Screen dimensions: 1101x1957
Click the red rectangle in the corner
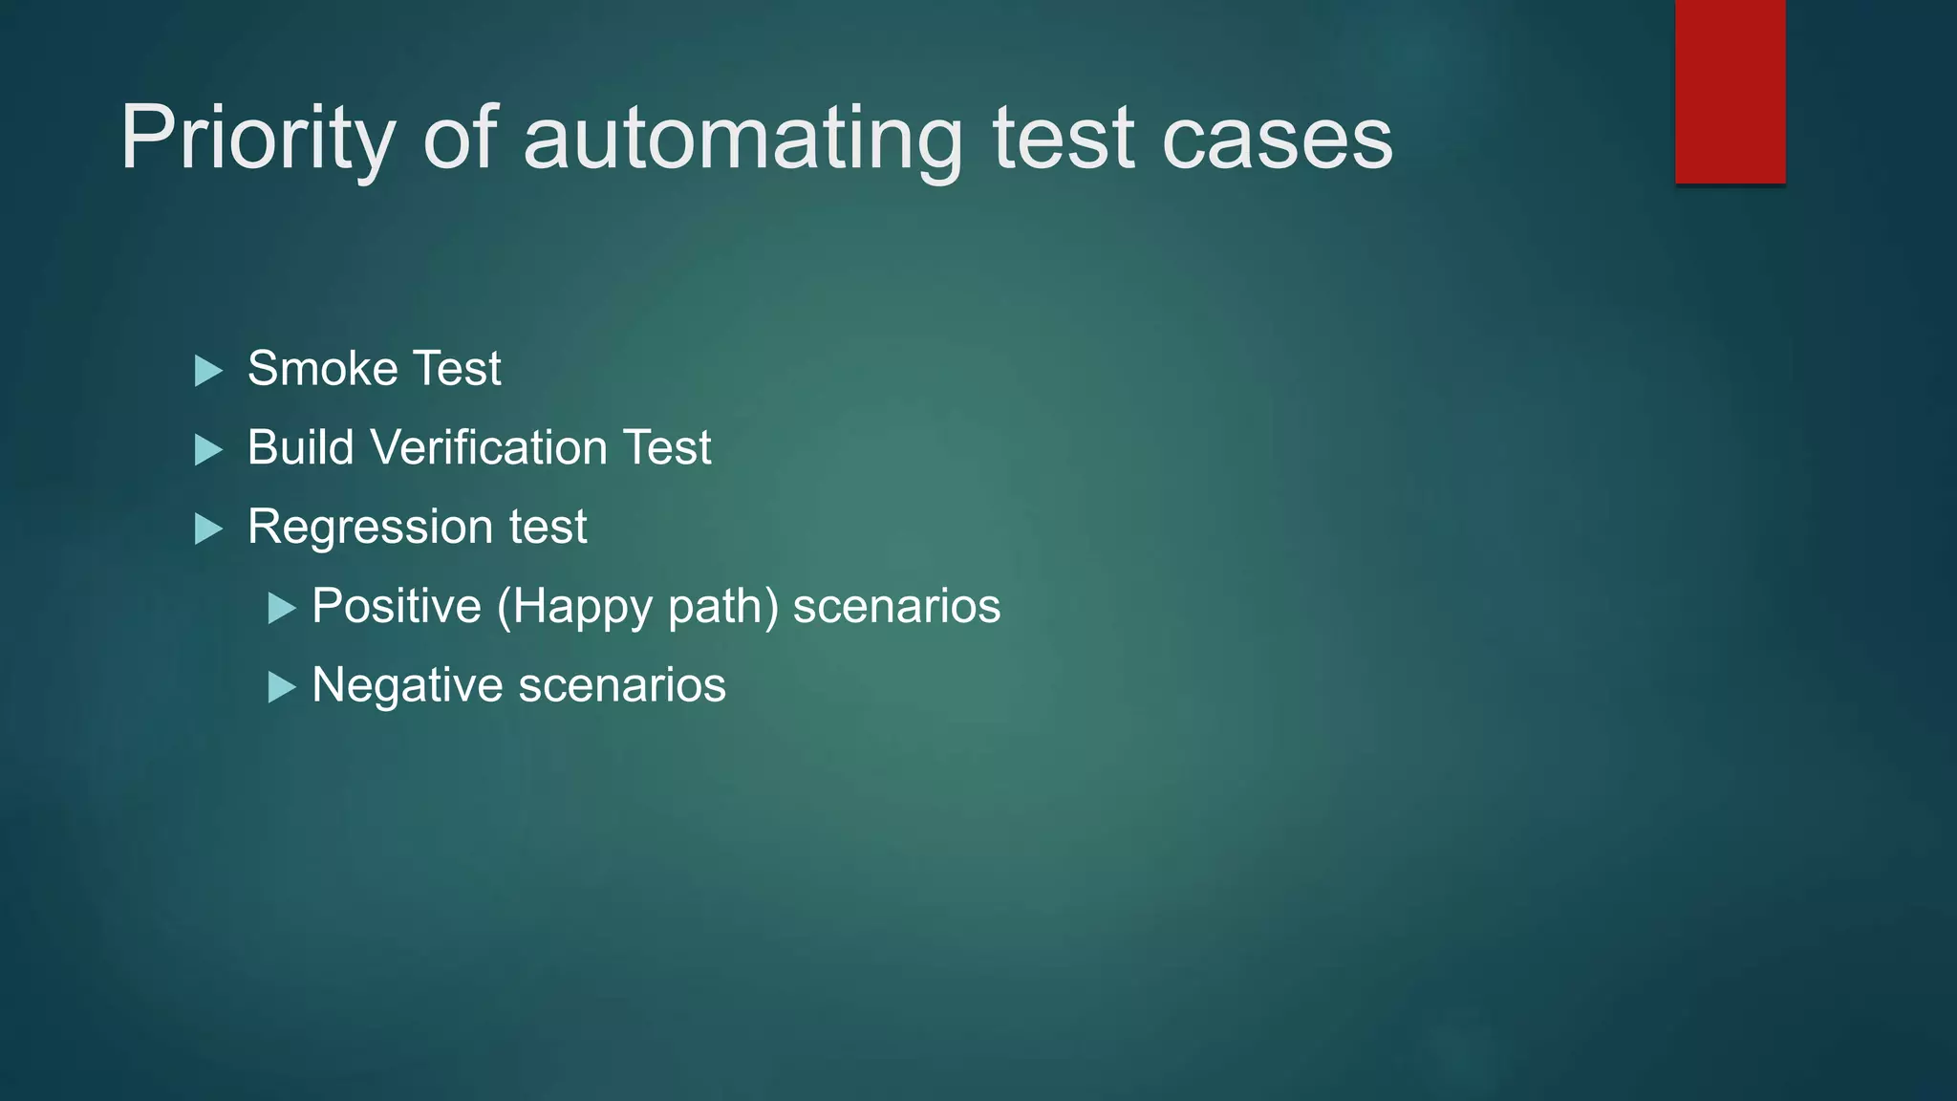(x=1730, y=91)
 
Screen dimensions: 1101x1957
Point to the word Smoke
(x=322, y=369)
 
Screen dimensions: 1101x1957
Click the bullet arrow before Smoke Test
(x=208, y=371)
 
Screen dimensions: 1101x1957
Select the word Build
(x=300, y=448)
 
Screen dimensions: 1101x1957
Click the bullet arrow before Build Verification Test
(x=208, y=450)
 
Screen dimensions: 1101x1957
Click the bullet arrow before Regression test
(x=208, y=529)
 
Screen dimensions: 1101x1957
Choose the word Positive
(x=397, y=607)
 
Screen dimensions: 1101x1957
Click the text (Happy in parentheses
(x=574, y=607)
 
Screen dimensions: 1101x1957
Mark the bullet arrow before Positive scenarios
(x=282, y=608)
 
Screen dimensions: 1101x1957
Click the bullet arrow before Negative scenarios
(x=282, y=687)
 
